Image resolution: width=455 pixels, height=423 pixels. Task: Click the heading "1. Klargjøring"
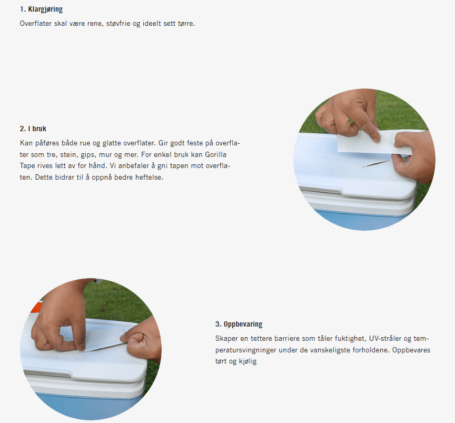pyautogui.click(x=41, y=9)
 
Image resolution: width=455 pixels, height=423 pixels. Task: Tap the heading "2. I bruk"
pyautogui.click(x=33, y=129)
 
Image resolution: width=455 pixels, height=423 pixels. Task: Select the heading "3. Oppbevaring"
pyautogui.click(x=239, y=324)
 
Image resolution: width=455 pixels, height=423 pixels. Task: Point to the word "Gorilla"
pyautogui.click(x=215, y=154)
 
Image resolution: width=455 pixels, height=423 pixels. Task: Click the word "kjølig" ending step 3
pyautogui.click(x=248, y=361)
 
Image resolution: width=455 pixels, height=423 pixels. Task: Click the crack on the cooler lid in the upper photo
pyautogui.click(x=375, y=163)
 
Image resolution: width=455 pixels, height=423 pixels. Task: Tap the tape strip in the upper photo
pyautogui.click(x=374, y=144)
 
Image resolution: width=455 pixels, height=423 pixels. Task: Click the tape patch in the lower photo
pyautogui.click(x=98, y=340)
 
